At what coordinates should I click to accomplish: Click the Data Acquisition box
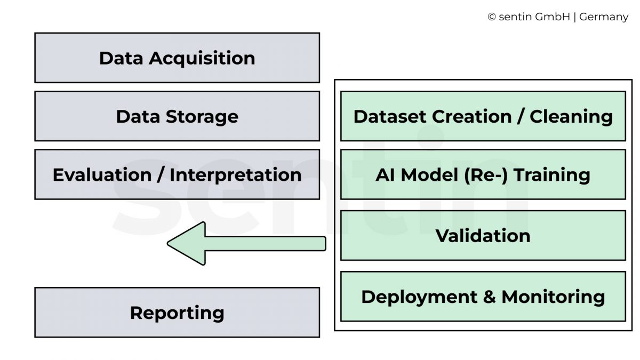tap(177, 58)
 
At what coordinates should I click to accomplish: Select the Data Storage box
tap(177, 116)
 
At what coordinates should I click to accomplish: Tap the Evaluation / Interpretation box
tap(177, 174)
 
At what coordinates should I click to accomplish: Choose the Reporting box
tap(177, 313)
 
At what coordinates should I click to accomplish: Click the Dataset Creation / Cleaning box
tap(483, 116)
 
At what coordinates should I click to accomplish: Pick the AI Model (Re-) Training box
tap(483, 174)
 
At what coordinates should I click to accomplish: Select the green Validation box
tap(483, 235)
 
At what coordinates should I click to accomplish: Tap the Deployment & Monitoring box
tap(483, 297)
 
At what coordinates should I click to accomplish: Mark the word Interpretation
tap(235, 175)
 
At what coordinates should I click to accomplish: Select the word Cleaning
tap(571, 116)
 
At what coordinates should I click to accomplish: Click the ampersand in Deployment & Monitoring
tap(489, 297)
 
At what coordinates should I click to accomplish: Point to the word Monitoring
tap(553, 297)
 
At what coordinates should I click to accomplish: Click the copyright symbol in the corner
tap(492, 17)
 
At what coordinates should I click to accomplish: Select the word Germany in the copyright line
tap(604, 17)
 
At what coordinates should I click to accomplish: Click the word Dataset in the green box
tap(390, 116)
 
